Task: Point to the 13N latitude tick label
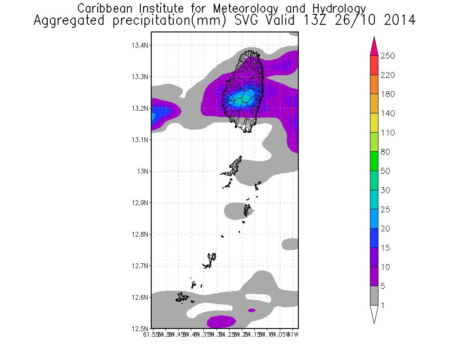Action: click(143, 171)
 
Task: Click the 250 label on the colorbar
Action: click(388, 56)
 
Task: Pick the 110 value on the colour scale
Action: click(388, 133)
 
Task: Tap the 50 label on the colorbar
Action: click(386, 171)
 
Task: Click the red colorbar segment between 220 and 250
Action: click(374, 65)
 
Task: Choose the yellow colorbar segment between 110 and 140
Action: click(374, 123)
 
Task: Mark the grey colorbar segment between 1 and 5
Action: click(374, 296)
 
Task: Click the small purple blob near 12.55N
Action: click(252, 310)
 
